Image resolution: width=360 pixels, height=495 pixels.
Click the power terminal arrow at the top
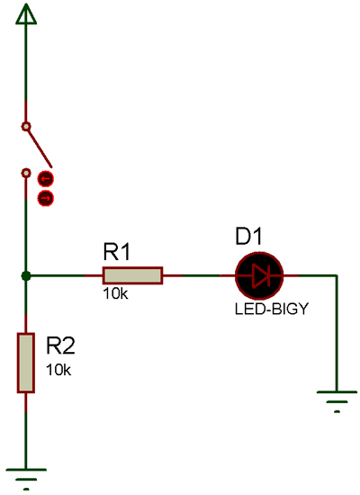click(x=26, y=13)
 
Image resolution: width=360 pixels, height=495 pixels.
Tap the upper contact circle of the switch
click(x=26, y=126)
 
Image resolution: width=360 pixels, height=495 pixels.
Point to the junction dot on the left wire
click(x=26, y=275)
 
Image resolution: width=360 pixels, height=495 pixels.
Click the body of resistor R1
click(x=132, y=275)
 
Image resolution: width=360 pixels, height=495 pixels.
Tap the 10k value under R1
click(x=115, y=294)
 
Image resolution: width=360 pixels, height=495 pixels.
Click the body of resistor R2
click(x=26, y=362)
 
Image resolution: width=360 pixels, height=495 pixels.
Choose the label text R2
click(x=60, y=345)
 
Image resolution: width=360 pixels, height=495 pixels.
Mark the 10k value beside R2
click(x=58, y=369)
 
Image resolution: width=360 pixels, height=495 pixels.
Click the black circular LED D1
click(x=259, y=275)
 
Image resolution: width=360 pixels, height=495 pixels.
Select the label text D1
click(x=248, y=237)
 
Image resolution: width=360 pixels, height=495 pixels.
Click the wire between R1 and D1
click(x=198, y=275)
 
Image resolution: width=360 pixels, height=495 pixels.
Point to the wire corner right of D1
click(x=337, y=276)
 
